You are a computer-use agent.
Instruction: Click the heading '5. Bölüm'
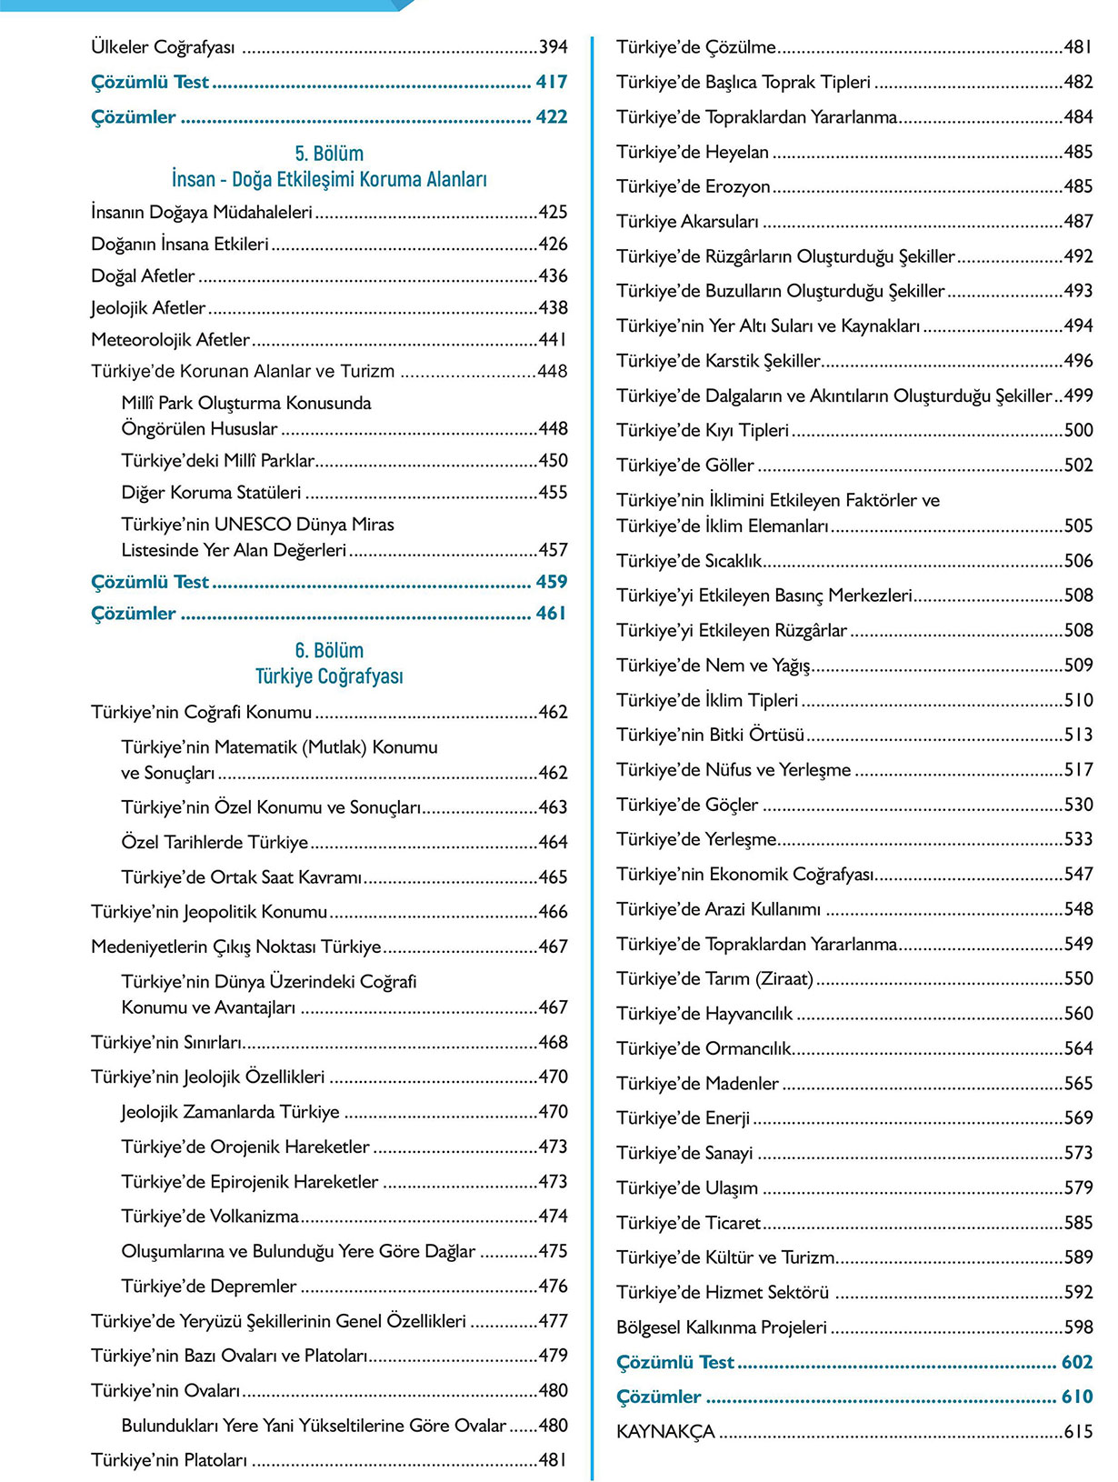[329, 154]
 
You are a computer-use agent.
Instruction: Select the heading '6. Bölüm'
[329, 651]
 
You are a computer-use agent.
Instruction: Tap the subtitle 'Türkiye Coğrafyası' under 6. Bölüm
[329, 676]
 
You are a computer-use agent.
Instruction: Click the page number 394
[553, 46]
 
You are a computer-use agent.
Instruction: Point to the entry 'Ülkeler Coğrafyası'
[163, 46]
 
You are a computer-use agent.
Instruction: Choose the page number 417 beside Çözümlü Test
[551, 82]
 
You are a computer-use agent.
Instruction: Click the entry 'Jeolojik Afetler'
[148, 308]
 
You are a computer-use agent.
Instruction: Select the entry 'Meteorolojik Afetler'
[170, 340]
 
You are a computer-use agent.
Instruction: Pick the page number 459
[551, 582]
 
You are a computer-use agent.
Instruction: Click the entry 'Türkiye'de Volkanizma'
[210, 1217]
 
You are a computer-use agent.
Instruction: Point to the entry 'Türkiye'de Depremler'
[209, 1287]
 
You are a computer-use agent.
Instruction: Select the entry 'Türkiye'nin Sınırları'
[166, 1042]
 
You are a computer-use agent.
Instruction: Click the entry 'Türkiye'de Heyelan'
[693, 152]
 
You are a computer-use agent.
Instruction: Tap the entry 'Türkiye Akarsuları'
[687, 222]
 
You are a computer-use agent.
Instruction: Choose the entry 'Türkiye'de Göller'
[685, 466]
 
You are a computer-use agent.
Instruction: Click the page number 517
[1078, 770]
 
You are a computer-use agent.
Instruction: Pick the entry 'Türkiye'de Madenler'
[697, 1084]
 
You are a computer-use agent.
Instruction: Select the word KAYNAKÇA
[665, 1432]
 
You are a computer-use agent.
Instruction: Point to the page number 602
[1076, 1362]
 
